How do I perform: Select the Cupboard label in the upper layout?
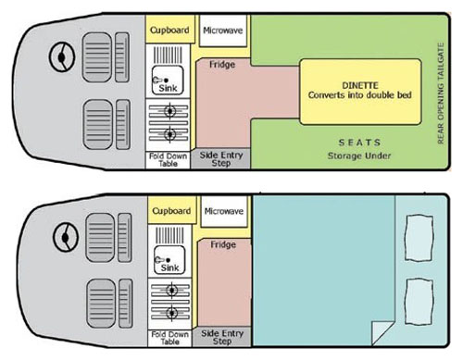click(x=169, y=31)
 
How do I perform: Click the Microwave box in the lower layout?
click(x=224, y=211)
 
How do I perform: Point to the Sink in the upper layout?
click(x=168, y=81)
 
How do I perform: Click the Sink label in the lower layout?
click(x=169, y=267)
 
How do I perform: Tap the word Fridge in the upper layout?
click(x=222, y=65)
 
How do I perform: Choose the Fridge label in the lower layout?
click(x=223, y=244)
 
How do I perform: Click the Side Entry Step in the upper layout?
click(x=221, y=159)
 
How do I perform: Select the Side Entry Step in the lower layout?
click(x=222, y=337)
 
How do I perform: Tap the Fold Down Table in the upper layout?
click(x=168, y=160)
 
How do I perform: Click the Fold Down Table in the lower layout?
click(x=169, y=338)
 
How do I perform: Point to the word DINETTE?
click(x=360, y=85)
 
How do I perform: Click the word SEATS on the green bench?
click(x=359, y=143)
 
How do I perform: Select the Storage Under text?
click(x=359, y=155)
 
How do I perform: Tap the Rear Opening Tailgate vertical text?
click(x=441, y=93)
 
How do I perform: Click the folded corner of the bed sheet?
click(x=382, y=333)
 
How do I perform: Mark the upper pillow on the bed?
click(x=419, y=238)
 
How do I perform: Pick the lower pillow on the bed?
click(x=419, y=302)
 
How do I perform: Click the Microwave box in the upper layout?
click(x=223, y=31)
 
